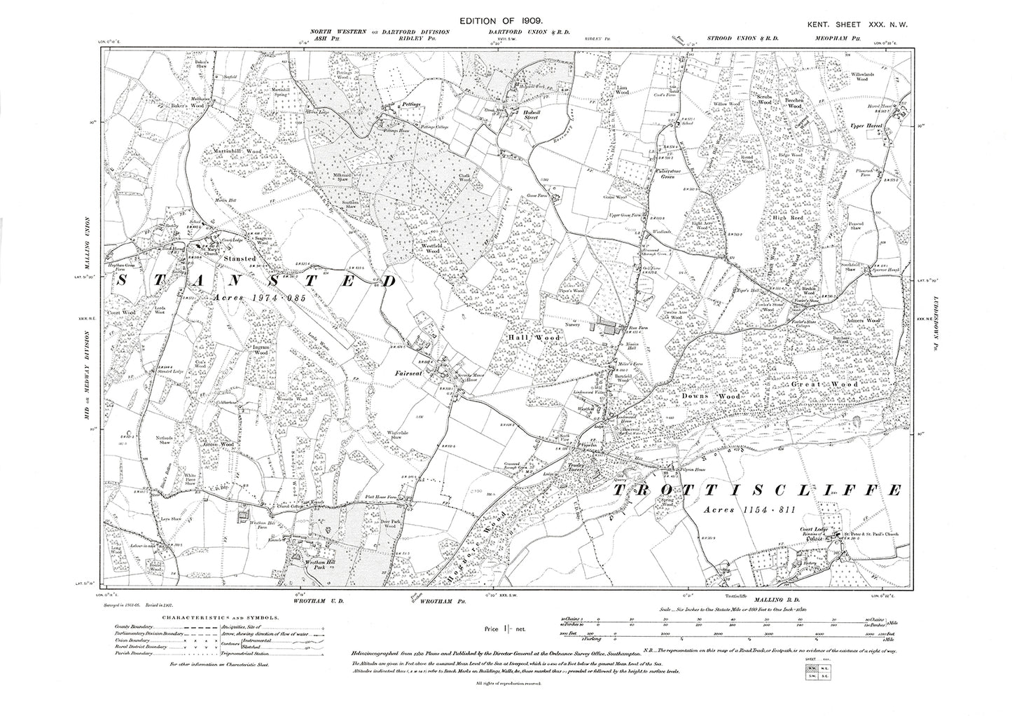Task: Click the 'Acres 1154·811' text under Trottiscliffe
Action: pos(748,511)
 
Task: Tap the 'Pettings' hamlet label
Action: pos(409,104)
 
